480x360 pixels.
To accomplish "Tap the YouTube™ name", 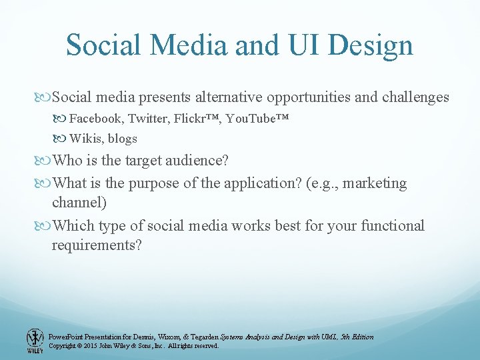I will point(257,119).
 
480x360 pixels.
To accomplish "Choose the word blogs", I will point(122,139).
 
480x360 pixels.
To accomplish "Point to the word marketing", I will point(375,183).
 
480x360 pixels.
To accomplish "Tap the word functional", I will point(392,225).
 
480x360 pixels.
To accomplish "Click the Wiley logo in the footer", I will point(35,341).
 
